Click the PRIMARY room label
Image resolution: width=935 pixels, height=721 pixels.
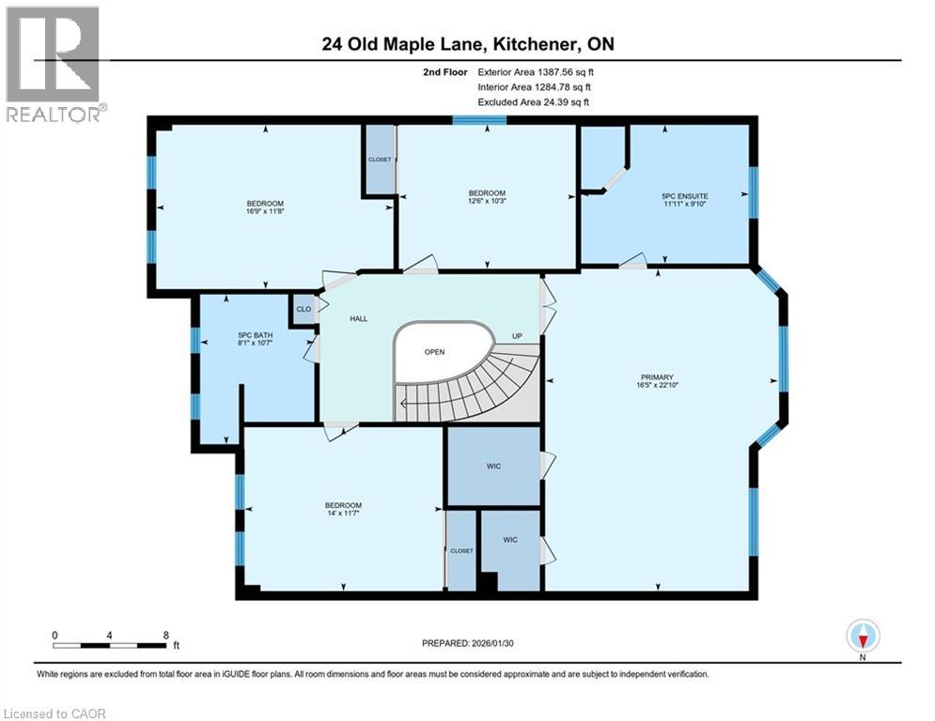(657, 377)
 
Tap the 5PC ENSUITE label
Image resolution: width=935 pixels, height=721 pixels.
(684, 195)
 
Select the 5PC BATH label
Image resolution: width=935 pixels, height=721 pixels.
(255, 335)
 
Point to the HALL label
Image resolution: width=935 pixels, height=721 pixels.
(358, 319)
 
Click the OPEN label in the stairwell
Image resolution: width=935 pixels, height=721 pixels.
(434, 352)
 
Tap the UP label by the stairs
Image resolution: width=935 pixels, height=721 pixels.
(517, 336)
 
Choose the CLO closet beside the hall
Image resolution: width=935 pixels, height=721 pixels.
(304, 309)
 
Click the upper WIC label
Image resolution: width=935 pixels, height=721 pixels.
(493, 466)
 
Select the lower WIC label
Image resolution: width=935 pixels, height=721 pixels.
(510, 540)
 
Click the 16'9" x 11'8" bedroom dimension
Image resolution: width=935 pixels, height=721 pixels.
(265, 211)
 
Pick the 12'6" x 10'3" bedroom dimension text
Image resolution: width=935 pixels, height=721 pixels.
(487, 201)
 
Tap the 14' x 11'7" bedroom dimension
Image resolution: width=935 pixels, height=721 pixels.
(343, 513)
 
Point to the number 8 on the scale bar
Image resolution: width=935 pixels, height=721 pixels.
(165, 636)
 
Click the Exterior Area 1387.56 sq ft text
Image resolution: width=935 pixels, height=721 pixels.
(536, 72)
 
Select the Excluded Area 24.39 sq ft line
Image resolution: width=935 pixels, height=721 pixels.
(533, 102)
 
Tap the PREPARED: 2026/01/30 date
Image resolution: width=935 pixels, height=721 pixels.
(468, 643)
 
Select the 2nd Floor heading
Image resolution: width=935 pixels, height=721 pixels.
(444, 72)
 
